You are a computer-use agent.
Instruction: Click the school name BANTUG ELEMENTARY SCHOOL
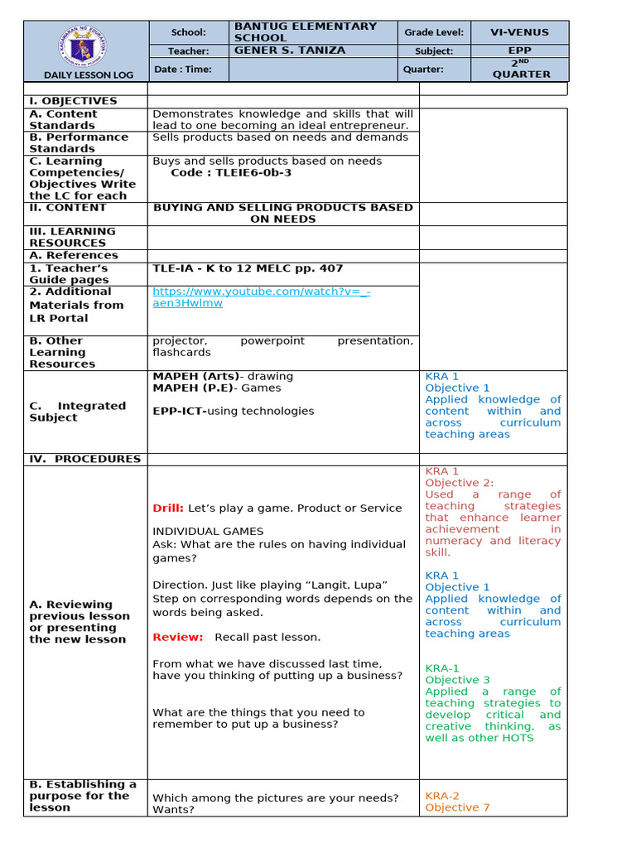(305, 32)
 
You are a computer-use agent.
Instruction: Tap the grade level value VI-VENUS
(519, 32)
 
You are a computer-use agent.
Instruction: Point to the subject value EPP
(519, 51)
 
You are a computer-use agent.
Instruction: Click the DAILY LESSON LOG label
(86, 75)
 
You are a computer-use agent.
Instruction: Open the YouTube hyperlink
(261, 297)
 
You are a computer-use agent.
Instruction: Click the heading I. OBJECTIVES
(73, 101)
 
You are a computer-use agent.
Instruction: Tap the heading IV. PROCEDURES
(84, 459)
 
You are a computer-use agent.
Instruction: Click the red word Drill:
(168, 508)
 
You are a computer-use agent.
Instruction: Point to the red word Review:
(178, 637)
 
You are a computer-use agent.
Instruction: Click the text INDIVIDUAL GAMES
(208, 531)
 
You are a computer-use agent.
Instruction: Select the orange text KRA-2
(442, 796)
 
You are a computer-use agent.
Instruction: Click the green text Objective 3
(457, 680)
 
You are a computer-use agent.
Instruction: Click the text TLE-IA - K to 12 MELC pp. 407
(248, 268)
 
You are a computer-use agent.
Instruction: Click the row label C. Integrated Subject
(78, 412)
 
